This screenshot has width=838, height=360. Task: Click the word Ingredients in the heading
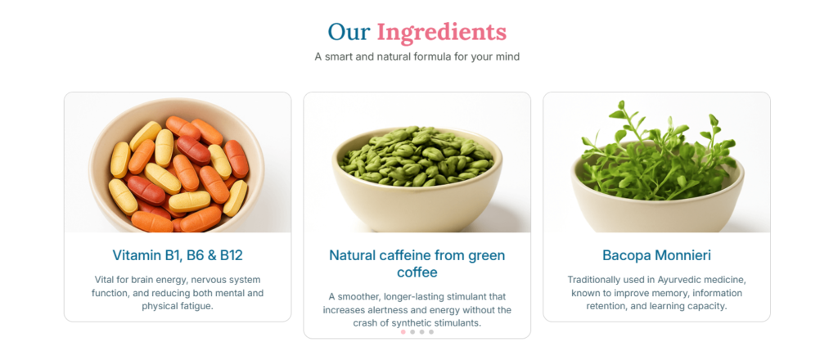click(x=441, y=32)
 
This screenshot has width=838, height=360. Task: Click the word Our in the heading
click(x=349, y=32)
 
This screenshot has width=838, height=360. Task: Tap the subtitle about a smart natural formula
click(x=417, y=56)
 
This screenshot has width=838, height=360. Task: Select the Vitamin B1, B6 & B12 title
click(x=178, y=255)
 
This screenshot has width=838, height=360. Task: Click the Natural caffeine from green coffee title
click(x=417, y=263)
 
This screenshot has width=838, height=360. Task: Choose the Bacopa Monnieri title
click(x=656, y=255)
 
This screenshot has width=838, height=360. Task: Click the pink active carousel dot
click(x=403, y=331)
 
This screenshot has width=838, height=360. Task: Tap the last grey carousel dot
click(x=431, y=331)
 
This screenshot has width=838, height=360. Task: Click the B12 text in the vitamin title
click(x=232, y=255)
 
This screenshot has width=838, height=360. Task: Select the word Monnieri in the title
click(x=685, y=255)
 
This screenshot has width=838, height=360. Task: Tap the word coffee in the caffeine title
click(x=417, y=272)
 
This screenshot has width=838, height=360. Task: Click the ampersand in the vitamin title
click(x=211, y=255)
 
